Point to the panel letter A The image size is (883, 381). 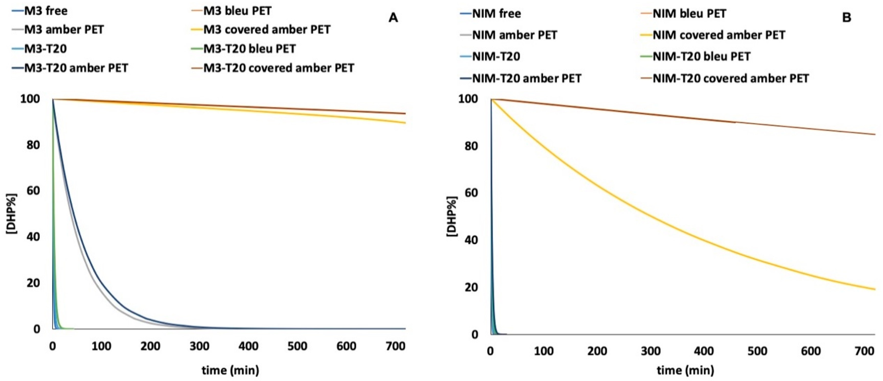tap(393, 18)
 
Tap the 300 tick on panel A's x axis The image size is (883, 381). tap(199, 347)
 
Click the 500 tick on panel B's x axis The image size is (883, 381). tap(757, 351)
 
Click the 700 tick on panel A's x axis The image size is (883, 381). tap(395, 347)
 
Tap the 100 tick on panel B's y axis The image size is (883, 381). tap(468, 99)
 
